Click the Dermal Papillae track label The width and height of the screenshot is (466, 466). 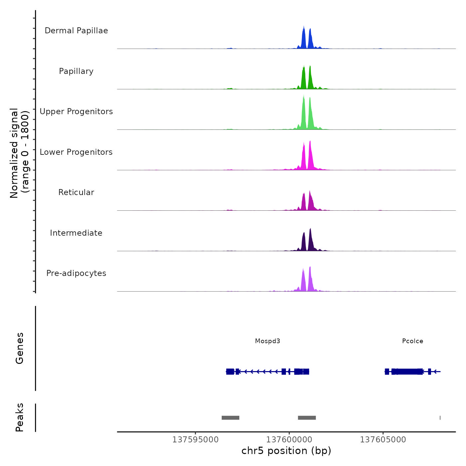[x=76, y=31]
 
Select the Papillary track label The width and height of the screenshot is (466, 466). [x=76, y=71]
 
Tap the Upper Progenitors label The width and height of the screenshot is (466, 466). [x=76, y=112]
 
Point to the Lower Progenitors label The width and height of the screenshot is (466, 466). [x=76, y=152]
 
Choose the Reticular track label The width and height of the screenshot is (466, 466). [x=76, y=192]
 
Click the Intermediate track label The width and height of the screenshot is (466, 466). [x=76, y=233]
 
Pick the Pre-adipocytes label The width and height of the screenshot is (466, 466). [x=76, y=273]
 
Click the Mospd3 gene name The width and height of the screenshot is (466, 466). [x=268, y=341]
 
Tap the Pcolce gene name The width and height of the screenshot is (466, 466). [x=413, y=341]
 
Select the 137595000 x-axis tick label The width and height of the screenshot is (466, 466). [x=195, y=440]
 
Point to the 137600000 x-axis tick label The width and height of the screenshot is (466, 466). [x=289, y=440]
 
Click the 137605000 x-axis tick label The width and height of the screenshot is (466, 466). [x=383, y=440]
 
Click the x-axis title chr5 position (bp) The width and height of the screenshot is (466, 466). [x=286, y=451]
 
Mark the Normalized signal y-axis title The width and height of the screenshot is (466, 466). [x=19, y=153]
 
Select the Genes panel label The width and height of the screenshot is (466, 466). [x=20, y=348]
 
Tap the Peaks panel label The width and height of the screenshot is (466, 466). [x=20, y=417]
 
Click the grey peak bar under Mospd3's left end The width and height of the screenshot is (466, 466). [x=230, y=418]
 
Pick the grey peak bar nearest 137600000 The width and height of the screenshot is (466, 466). [x=307, y=418]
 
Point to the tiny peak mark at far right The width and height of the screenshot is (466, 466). [x=440, y=418]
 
